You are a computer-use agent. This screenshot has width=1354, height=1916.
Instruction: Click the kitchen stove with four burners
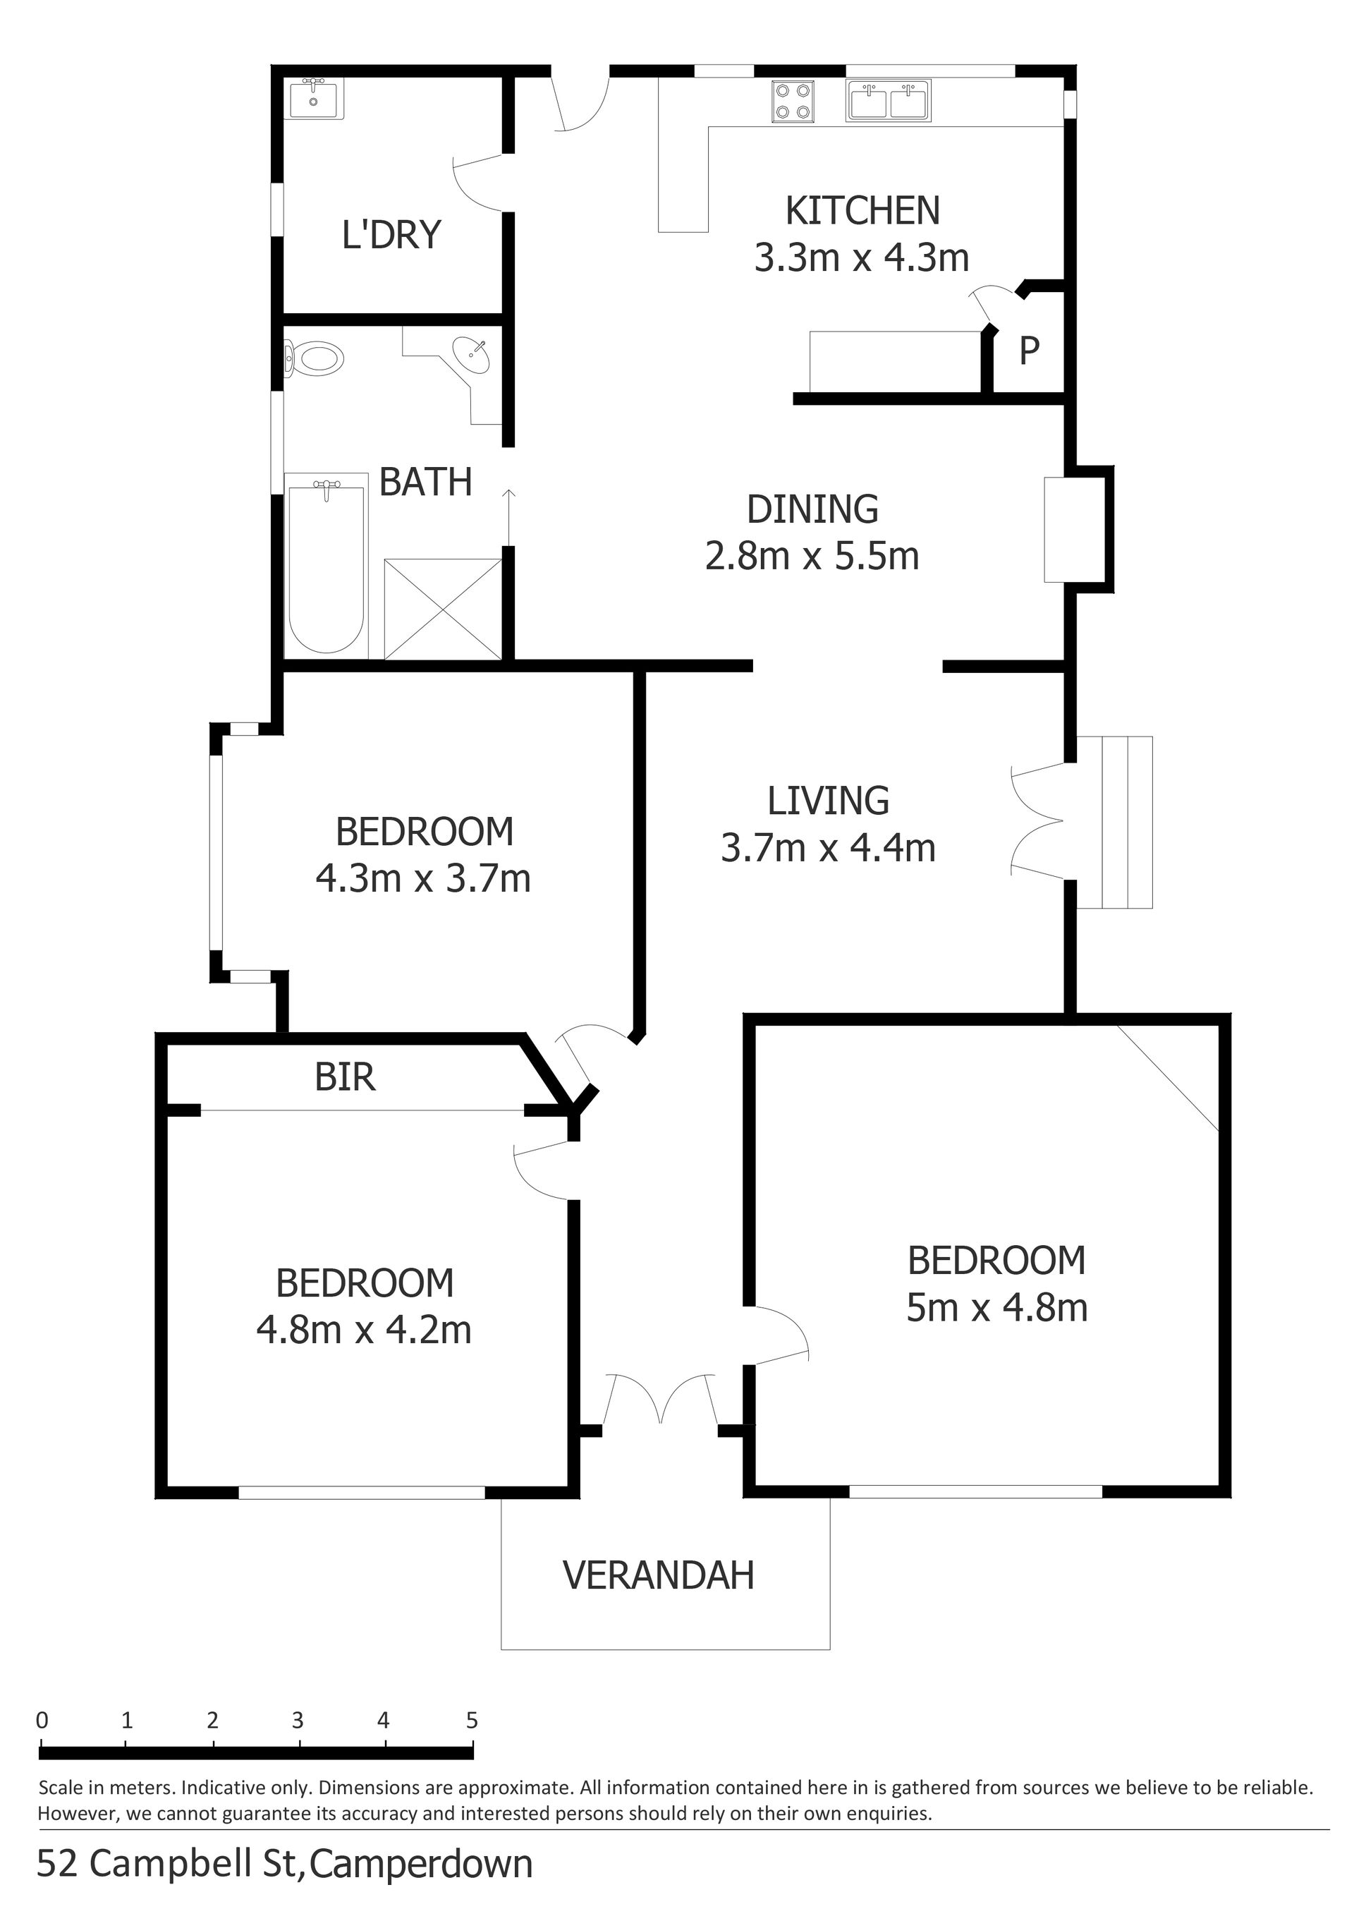tap(793, 101)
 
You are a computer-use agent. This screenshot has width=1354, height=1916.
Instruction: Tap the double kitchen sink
tap(889, 101)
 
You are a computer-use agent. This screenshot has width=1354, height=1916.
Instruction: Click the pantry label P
tap(1030, 351)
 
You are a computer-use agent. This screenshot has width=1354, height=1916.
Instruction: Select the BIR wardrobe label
tap(345, 1077)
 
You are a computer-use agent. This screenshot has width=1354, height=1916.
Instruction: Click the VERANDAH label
tap(659, 1575)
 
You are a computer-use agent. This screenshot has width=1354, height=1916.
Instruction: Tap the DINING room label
tap(812, 509)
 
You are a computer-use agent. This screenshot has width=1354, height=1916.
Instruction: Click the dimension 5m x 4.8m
tap(997, 1308)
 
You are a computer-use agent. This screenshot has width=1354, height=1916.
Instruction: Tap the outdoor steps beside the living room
tap(1114, 822)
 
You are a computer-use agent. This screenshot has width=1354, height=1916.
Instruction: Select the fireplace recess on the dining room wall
tap(1079, 529)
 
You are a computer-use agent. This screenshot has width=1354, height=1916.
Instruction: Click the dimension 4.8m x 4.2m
tap(364, 1330)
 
